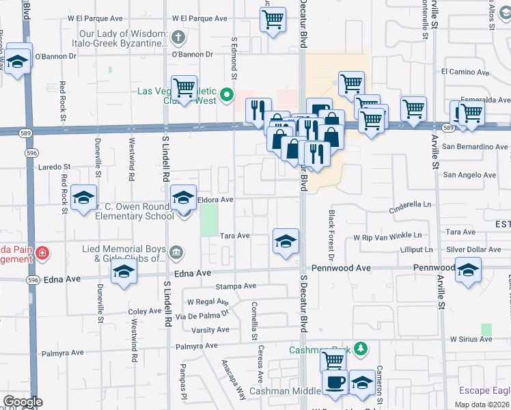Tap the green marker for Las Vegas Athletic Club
pyautogui.click(x=228, y=95)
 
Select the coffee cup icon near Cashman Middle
pyautogui.click(x=335, y=383)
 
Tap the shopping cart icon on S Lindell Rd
pyautogui.click(x=184, y=87)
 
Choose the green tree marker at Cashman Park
pyautogui.click(x=361, y=350)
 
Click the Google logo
pyautogui.click(x=22, y=402)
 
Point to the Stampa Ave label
pyautogui.click(x=236, y=286)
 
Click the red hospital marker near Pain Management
pyautogui.click(x=42, y=254)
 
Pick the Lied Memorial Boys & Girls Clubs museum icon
pyautogui.click(x=177, y=254)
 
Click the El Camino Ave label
pyautogui.click(x=466, y=71)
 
